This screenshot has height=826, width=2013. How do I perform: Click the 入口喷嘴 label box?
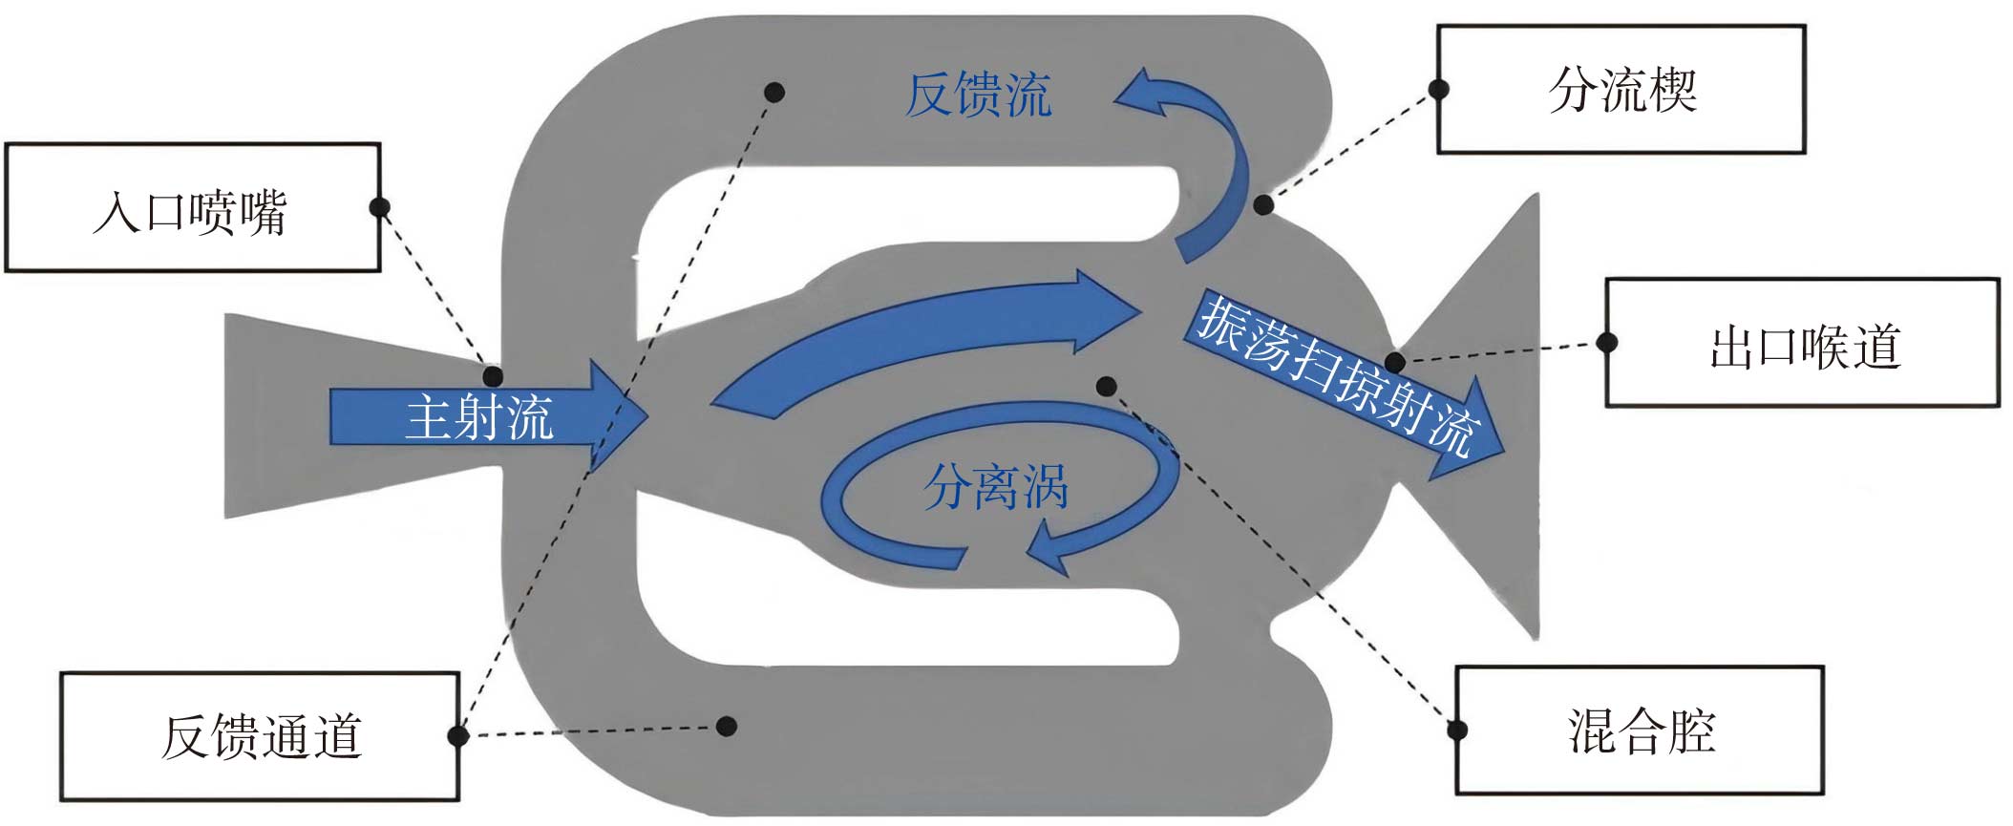click(192, 208)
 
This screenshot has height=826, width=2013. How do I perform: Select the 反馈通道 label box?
click(260, 735)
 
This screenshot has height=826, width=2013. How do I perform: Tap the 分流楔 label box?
click(1621, 90)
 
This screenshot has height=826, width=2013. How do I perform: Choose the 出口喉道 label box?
click(1802, 343)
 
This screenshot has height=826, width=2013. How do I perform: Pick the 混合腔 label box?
click(1639, 731)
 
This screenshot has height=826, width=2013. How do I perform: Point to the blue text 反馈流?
click(978, 95)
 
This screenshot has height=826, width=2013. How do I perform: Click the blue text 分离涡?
click(995, 487)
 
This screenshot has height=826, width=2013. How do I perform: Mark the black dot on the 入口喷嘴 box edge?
click(379, 207)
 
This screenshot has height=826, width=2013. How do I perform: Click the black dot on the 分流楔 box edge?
click(1438, 90)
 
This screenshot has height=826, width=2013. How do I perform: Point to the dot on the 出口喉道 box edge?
click(1607, 342)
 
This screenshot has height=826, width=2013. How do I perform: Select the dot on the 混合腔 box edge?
click(1457, 731)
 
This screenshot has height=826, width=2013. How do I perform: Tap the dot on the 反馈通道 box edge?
click(458, 735)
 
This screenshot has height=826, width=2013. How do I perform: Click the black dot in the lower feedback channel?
click(727, 727)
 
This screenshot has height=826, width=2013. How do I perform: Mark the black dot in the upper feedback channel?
click(774, 93)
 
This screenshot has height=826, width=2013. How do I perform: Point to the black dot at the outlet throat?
click(1395, 362)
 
